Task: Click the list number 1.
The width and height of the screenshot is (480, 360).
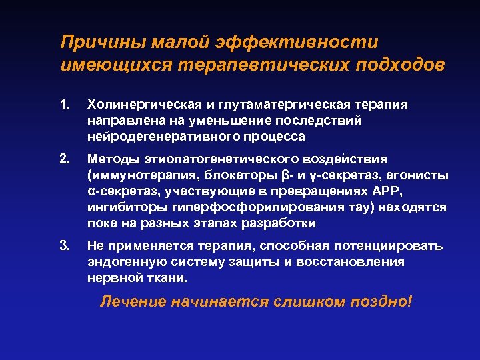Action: point(65,105)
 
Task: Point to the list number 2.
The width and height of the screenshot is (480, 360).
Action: point(65,159)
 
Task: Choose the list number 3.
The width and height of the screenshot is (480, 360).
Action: point(65,246)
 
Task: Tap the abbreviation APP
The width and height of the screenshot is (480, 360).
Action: point(388,191)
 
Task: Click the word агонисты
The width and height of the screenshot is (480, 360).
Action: point(419,175)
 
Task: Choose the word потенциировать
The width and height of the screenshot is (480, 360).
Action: point(390,246)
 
